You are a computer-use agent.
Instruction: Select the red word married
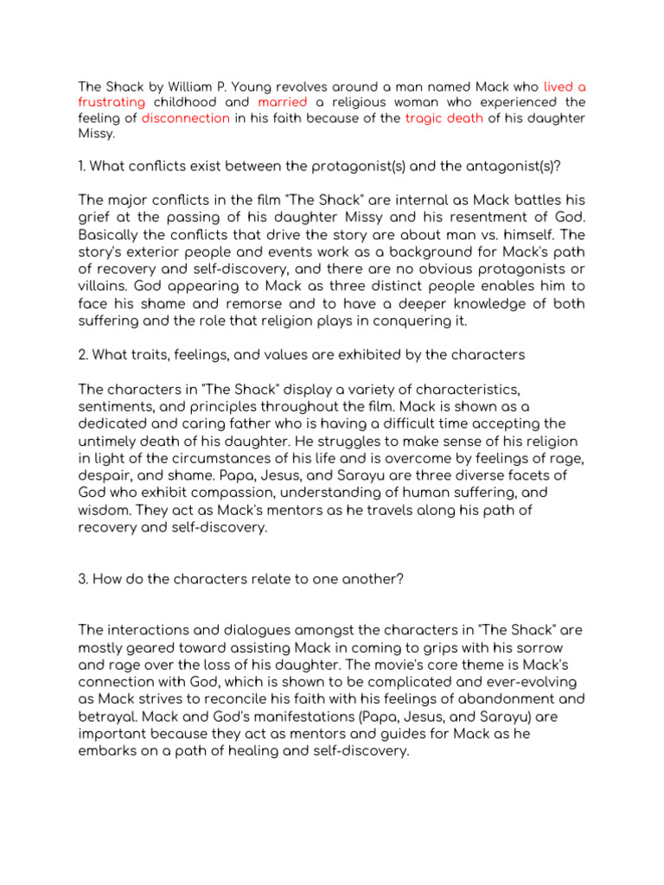(283, 103)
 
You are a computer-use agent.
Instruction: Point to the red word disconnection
(186, 118)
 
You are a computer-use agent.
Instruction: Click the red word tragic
(424, 118)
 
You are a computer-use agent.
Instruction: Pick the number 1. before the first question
(82, 166)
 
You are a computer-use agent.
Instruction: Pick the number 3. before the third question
(84, 578)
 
